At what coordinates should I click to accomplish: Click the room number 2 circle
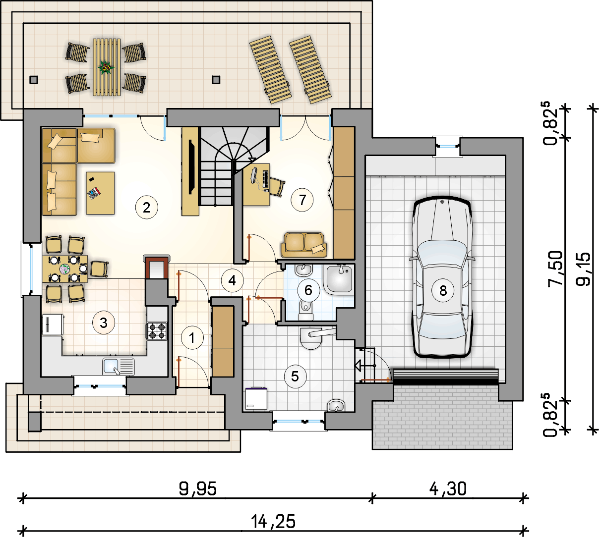[x=147, y=208]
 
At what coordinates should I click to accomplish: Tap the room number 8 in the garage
[x=443, y=290]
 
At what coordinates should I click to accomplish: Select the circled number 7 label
[x=302, y=200]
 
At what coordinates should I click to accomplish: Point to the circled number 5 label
[x=295, y=376]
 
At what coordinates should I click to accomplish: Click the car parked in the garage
[x=442, y=277]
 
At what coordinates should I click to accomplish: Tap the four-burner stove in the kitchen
[x=157, y=331]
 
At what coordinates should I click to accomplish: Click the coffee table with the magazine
[x=100, y=193]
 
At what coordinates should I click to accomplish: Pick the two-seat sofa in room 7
[x=304, y=245]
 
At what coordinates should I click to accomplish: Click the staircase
[x=234, y=166]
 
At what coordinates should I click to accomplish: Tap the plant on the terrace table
[x=106, y=68]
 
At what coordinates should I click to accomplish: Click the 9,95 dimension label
[x=197, y=488]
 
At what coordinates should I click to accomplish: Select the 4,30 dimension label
[x=448, y=488]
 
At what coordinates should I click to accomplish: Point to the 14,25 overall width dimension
[x=273, y=521]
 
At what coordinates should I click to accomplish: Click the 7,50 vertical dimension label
[x=555, y=268]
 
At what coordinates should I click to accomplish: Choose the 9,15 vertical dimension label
[x=583, y=268]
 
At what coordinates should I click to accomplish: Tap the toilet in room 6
[x=306, y=310]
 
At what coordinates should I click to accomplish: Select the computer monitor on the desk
[x=254, y=175]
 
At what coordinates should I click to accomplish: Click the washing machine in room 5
[x=256, y=398]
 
